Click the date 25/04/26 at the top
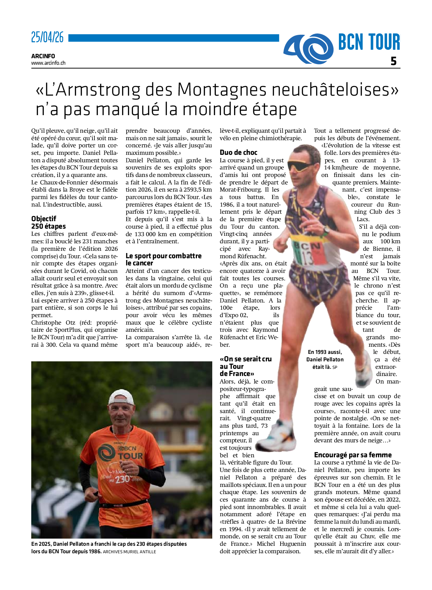[x=48, y=38]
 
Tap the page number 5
[x=394, y=61]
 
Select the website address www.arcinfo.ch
[x=48, y=63]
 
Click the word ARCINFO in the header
[x=43, y=56]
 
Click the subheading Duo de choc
[x=238, y=153]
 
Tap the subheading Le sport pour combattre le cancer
[x=163, y=260]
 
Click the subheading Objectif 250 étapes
[x=49, y=222]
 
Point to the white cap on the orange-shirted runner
[x=121, y=397]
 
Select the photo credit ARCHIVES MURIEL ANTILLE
[x=130, y=552]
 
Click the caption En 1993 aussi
[x=325, y=352]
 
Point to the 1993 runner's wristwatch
[x=325, y=232]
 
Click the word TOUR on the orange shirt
[x=131, y=456]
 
